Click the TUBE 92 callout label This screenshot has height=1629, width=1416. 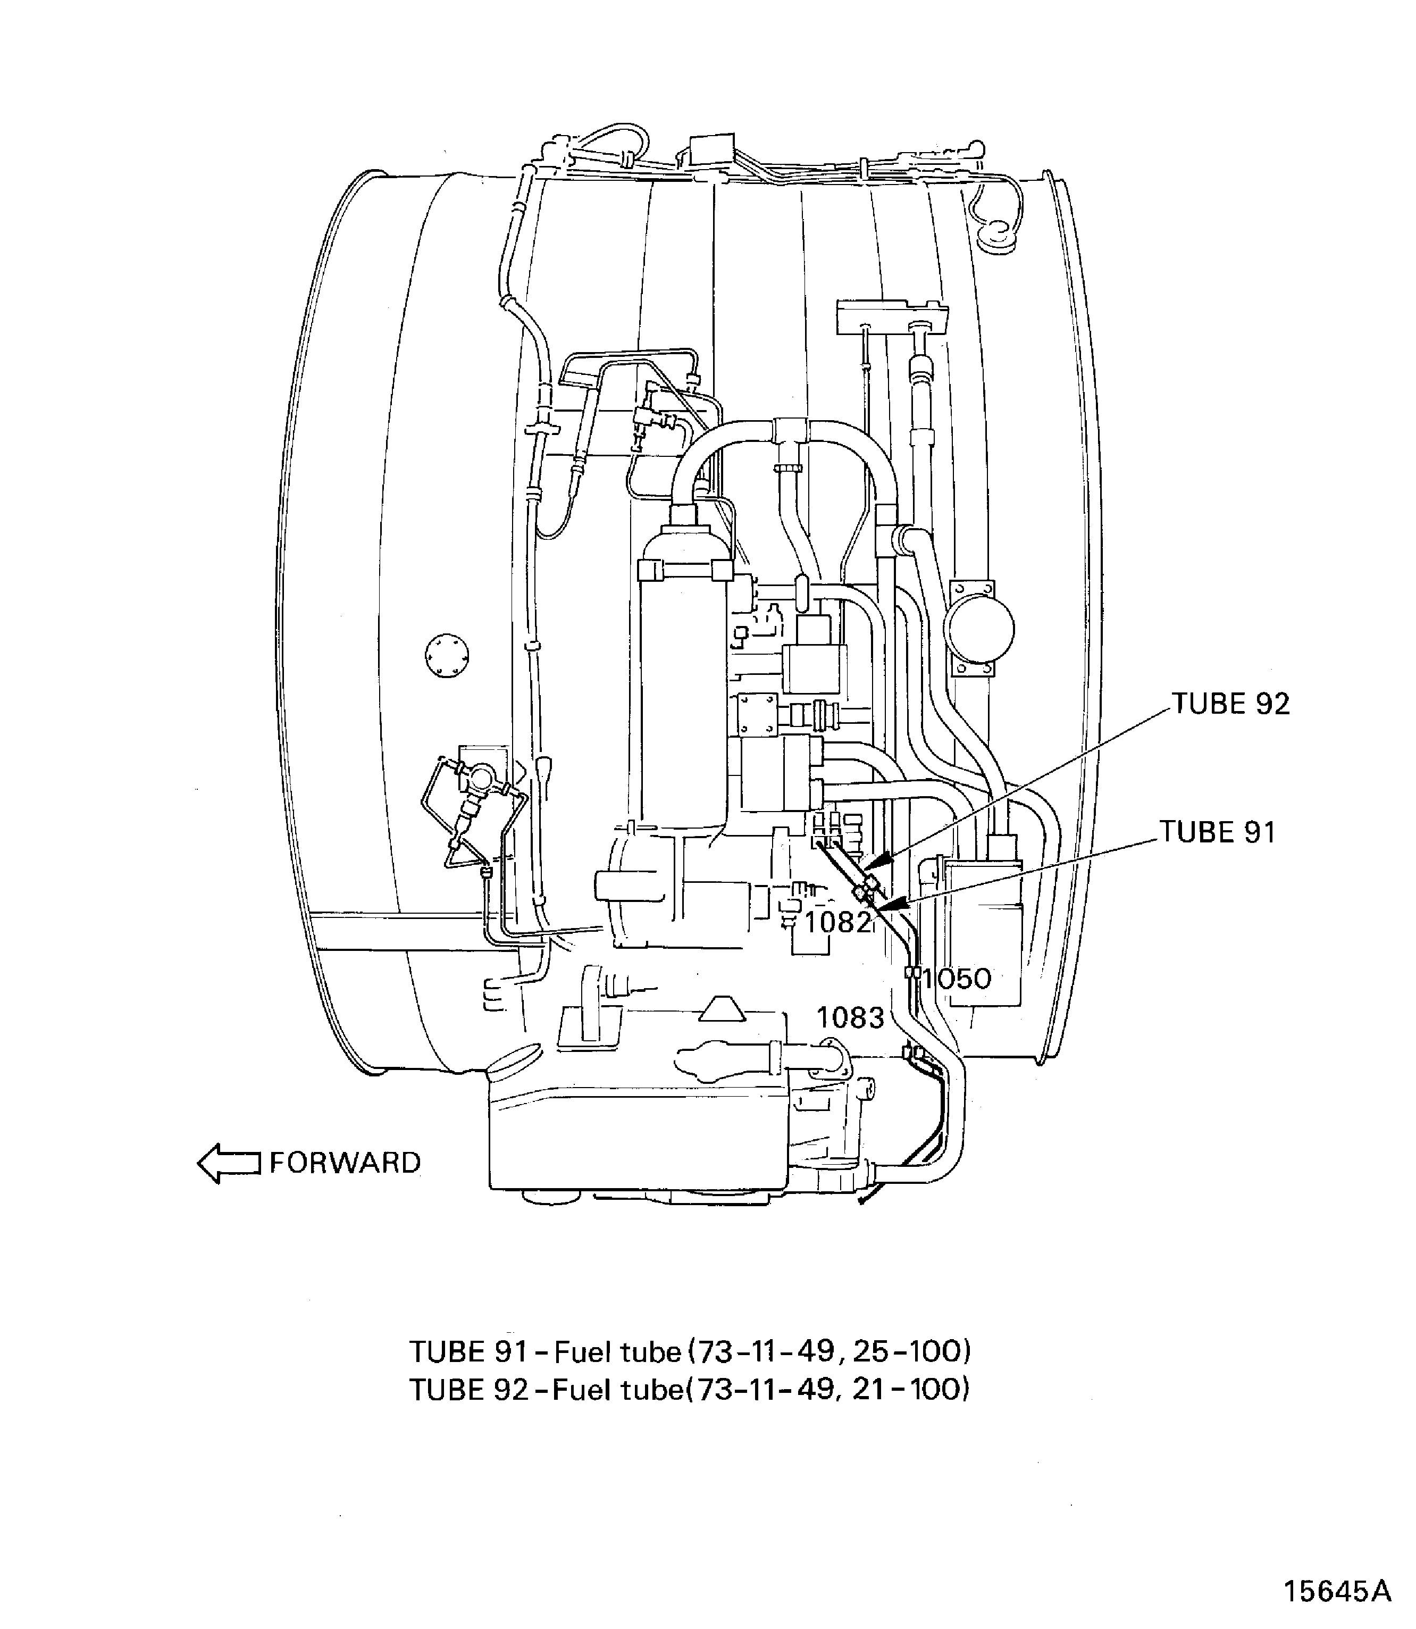point(1230,704)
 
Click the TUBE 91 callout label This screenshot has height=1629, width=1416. point(1218,832)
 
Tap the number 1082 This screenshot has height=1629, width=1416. point(837,922)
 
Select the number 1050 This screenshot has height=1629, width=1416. point(956,979)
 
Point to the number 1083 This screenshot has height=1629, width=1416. point(850,1017)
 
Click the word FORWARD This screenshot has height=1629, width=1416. point(345,1163)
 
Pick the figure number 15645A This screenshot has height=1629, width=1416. point(1337,1569)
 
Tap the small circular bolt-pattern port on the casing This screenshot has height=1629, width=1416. point(447,655)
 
